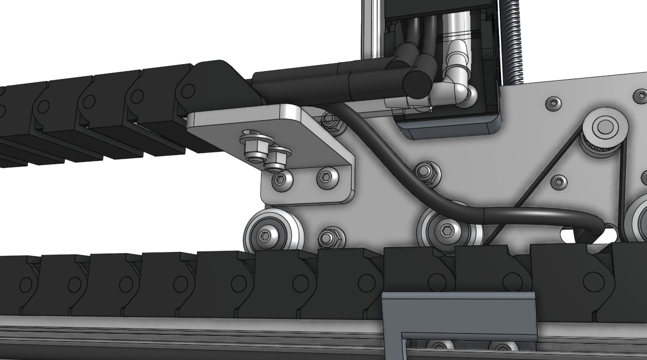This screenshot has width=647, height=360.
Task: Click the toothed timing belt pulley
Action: pos(605,129)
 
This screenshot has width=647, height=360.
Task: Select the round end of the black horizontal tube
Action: pos(417,83)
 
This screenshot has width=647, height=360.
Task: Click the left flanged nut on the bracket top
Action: pos(254,150)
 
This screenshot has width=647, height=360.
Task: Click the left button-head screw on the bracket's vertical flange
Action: pos(281,179)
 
